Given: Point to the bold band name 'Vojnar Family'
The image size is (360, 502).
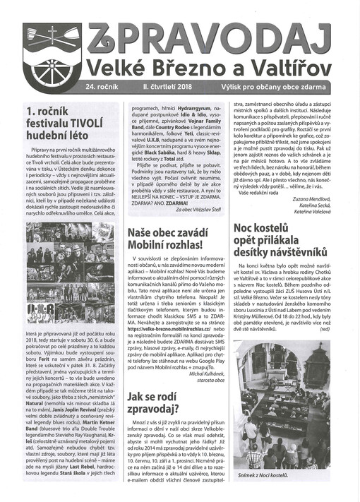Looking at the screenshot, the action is tap(205, 121).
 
